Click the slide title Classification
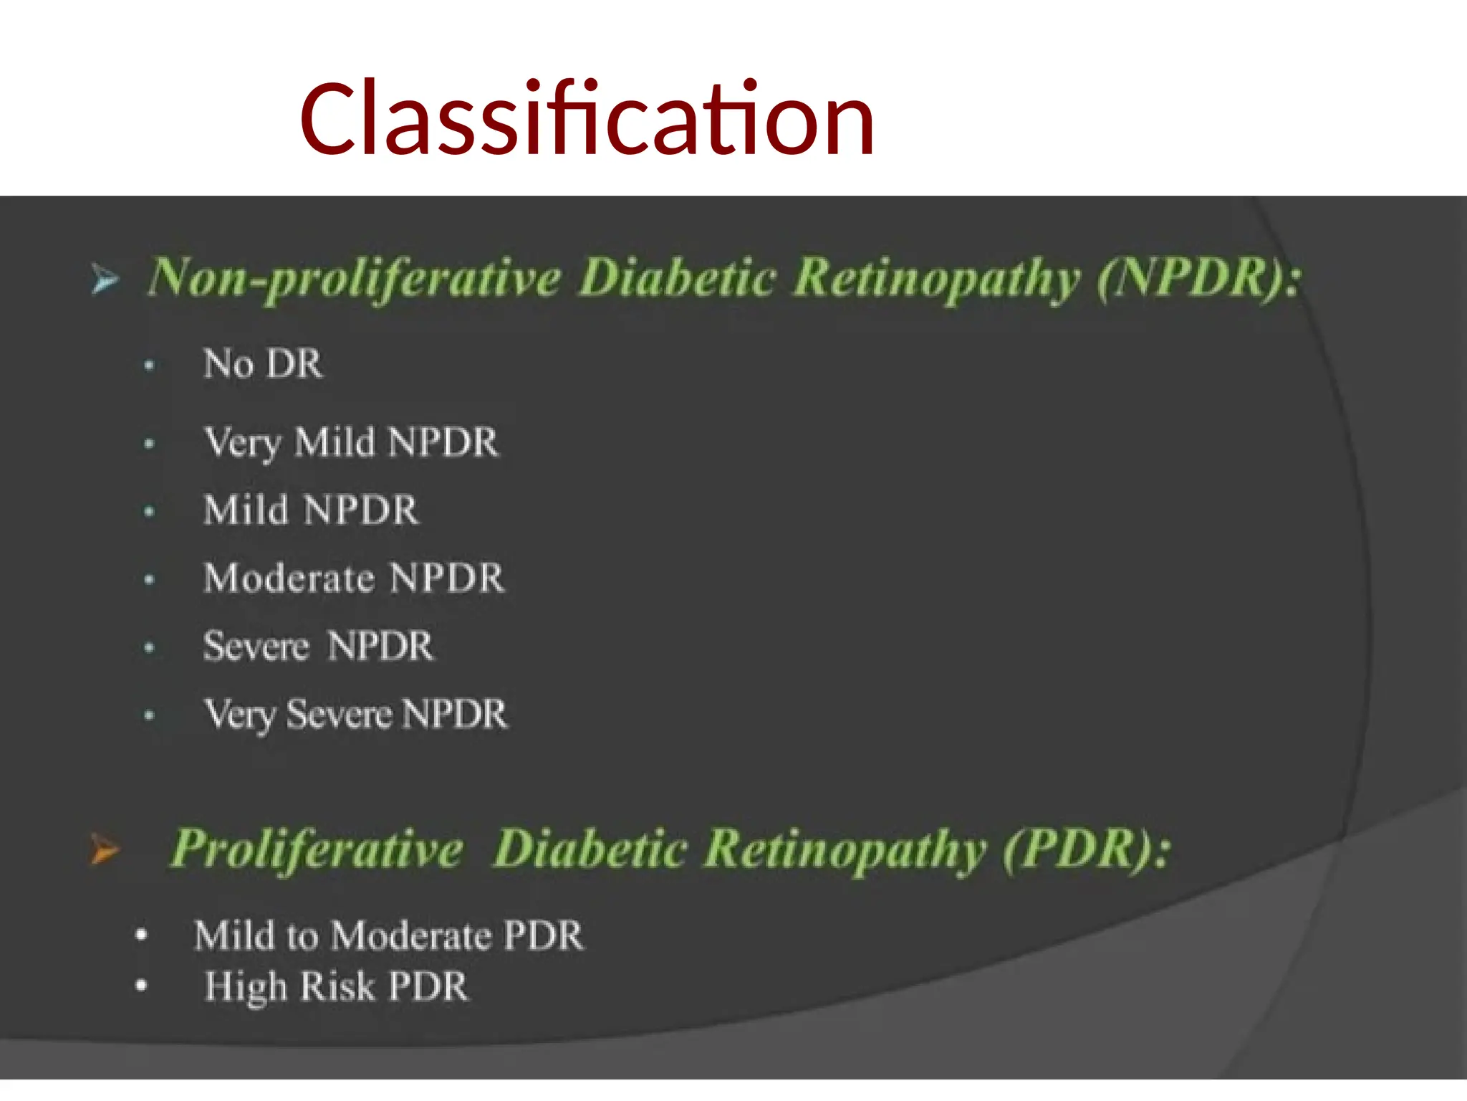point(587,119)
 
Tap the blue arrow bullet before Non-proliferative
point(105,279)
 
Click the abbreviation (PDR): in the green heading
point(1086,849)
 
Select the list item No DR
point(263,364)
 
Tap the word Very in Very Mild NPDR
point(241,442)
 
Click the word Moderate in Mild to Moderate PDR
point(412,936)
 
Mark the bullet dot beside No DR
point(149,366)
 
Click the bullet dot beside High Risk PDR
point(141,986)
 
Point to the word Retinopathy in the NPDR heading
point(937,279)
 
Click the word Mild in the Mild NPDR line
point(246,510)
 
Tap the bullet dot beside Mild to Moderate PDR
point(141,935)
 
